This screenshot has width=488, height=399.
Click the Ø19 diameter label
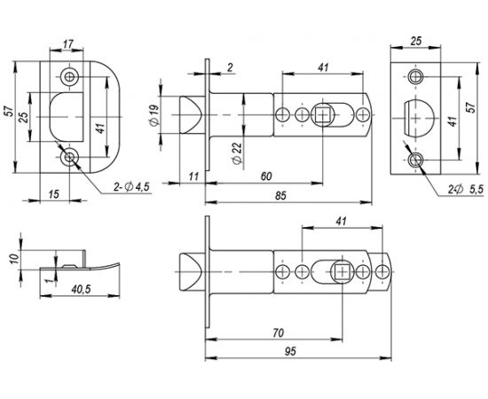155,114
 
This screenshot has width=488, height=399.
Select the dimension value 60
265,176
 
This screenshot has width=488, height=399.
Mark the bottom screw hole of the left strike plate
70,158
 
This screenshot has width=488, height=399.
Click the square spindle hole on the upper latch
323,115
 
